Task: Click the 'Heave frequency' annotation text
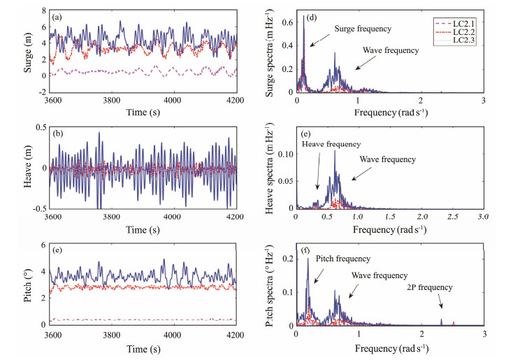tap(331, 144)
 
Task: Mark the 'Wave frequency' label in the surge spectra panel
tap(391, 50)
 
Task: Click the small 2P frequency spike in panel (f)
tap(441, 321)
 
